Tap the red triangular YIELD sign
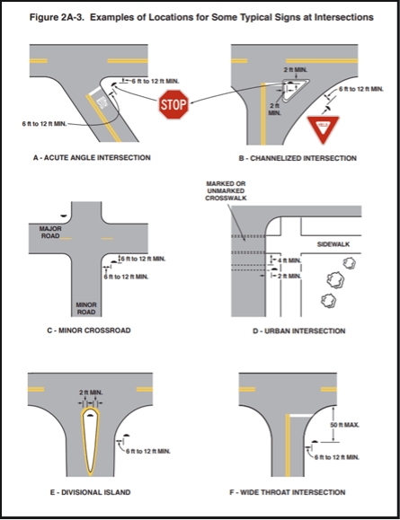(323, 128)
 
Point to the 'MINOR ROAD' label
(85, 308)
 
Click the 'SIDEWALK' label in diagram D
(332, 243)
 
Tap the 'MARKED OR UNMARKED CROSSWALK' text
(225, 190)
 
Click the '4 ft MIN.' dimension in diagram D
(289, 260)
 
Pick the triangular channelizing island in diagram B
(289, 88)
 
